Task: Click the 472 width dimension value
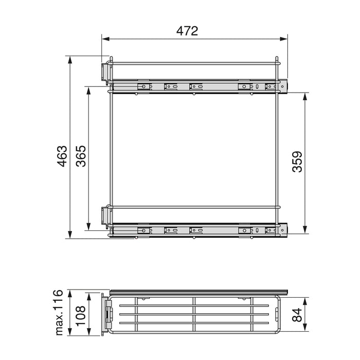tap(187, 31)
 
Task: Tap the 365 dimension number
tap(81, 156)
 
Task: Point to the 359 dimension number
tap(297, 161)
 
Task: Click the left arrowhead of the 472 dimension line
tap(104, 38)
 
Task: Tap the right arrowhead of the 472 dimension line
tap(285, 38)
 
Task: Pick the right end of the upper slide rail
tap(284, 85)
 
